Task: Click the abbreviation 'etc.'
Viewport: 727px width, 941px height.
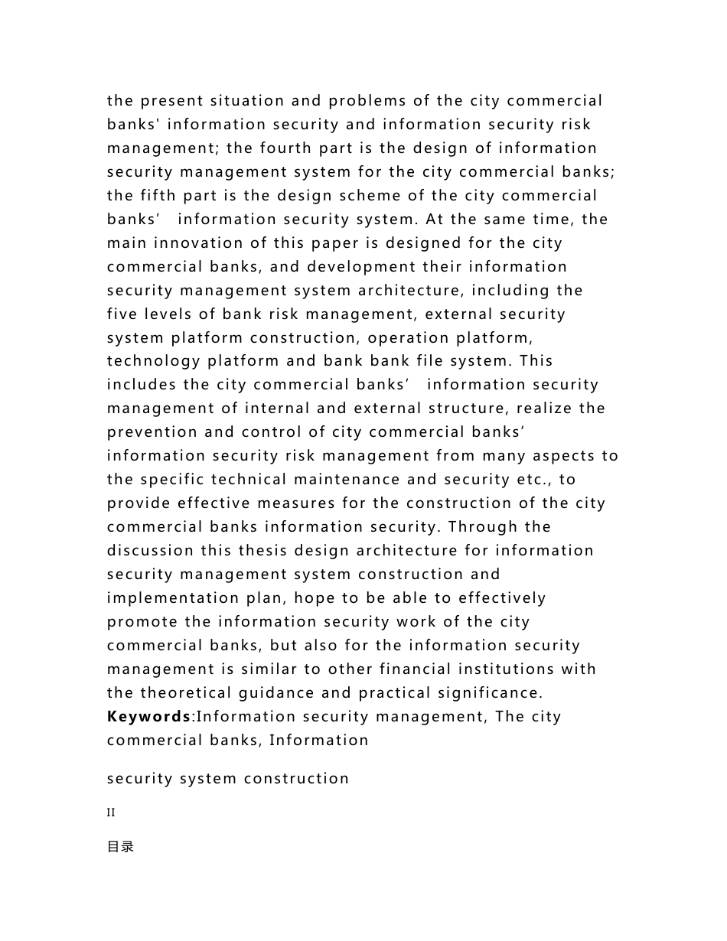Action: point(533,480)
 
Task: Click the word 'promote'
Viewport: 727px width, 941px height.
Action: point(142,622)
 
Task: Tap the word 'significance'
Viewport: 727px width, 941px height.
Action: point(487,693)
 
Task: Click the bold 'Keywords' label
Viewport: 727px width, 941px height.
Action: point(148,717)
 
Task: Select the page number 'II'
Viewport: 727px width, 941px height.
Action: point(111,812)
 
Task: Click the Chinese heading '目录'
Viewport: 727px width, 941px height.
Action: point(121,847)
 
